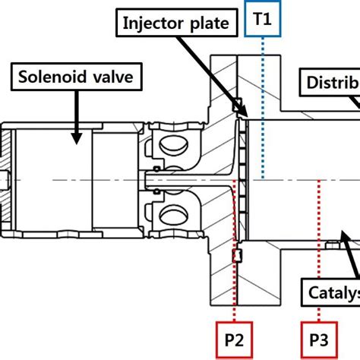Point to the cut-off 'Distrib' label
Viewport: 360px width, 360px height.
[x=331, y=82]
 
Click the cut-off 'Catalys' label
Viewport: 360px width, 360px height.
[x=333, y=292]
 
